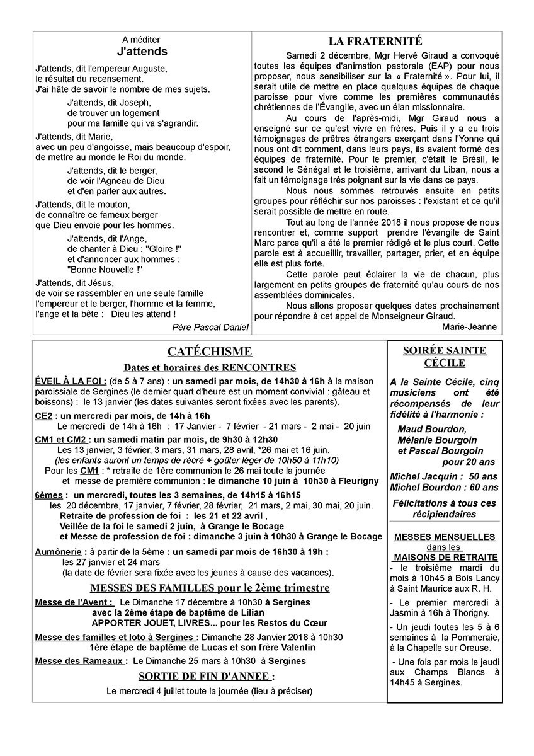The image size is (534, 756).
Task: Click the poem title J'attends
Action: (x=142, y=52)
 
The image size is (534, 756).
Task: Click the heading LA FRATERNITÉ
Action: (x=375, y=42)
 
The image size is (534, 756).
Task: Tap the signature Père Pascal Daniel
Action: (x=210, y=327)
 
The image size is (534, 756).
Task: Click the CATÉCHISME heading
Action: (x=210, y=352)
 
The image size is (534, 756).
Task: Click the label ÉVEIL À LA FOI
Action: (x=70, y=382)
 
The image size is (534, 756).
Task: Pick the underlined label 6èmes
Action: (x=48, y=496)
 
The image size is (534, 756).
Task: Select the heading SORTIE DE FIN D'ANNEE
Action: (x=207, y=677)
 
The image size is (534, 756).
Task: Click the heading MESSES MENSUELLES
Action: (x=444, y=537)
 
